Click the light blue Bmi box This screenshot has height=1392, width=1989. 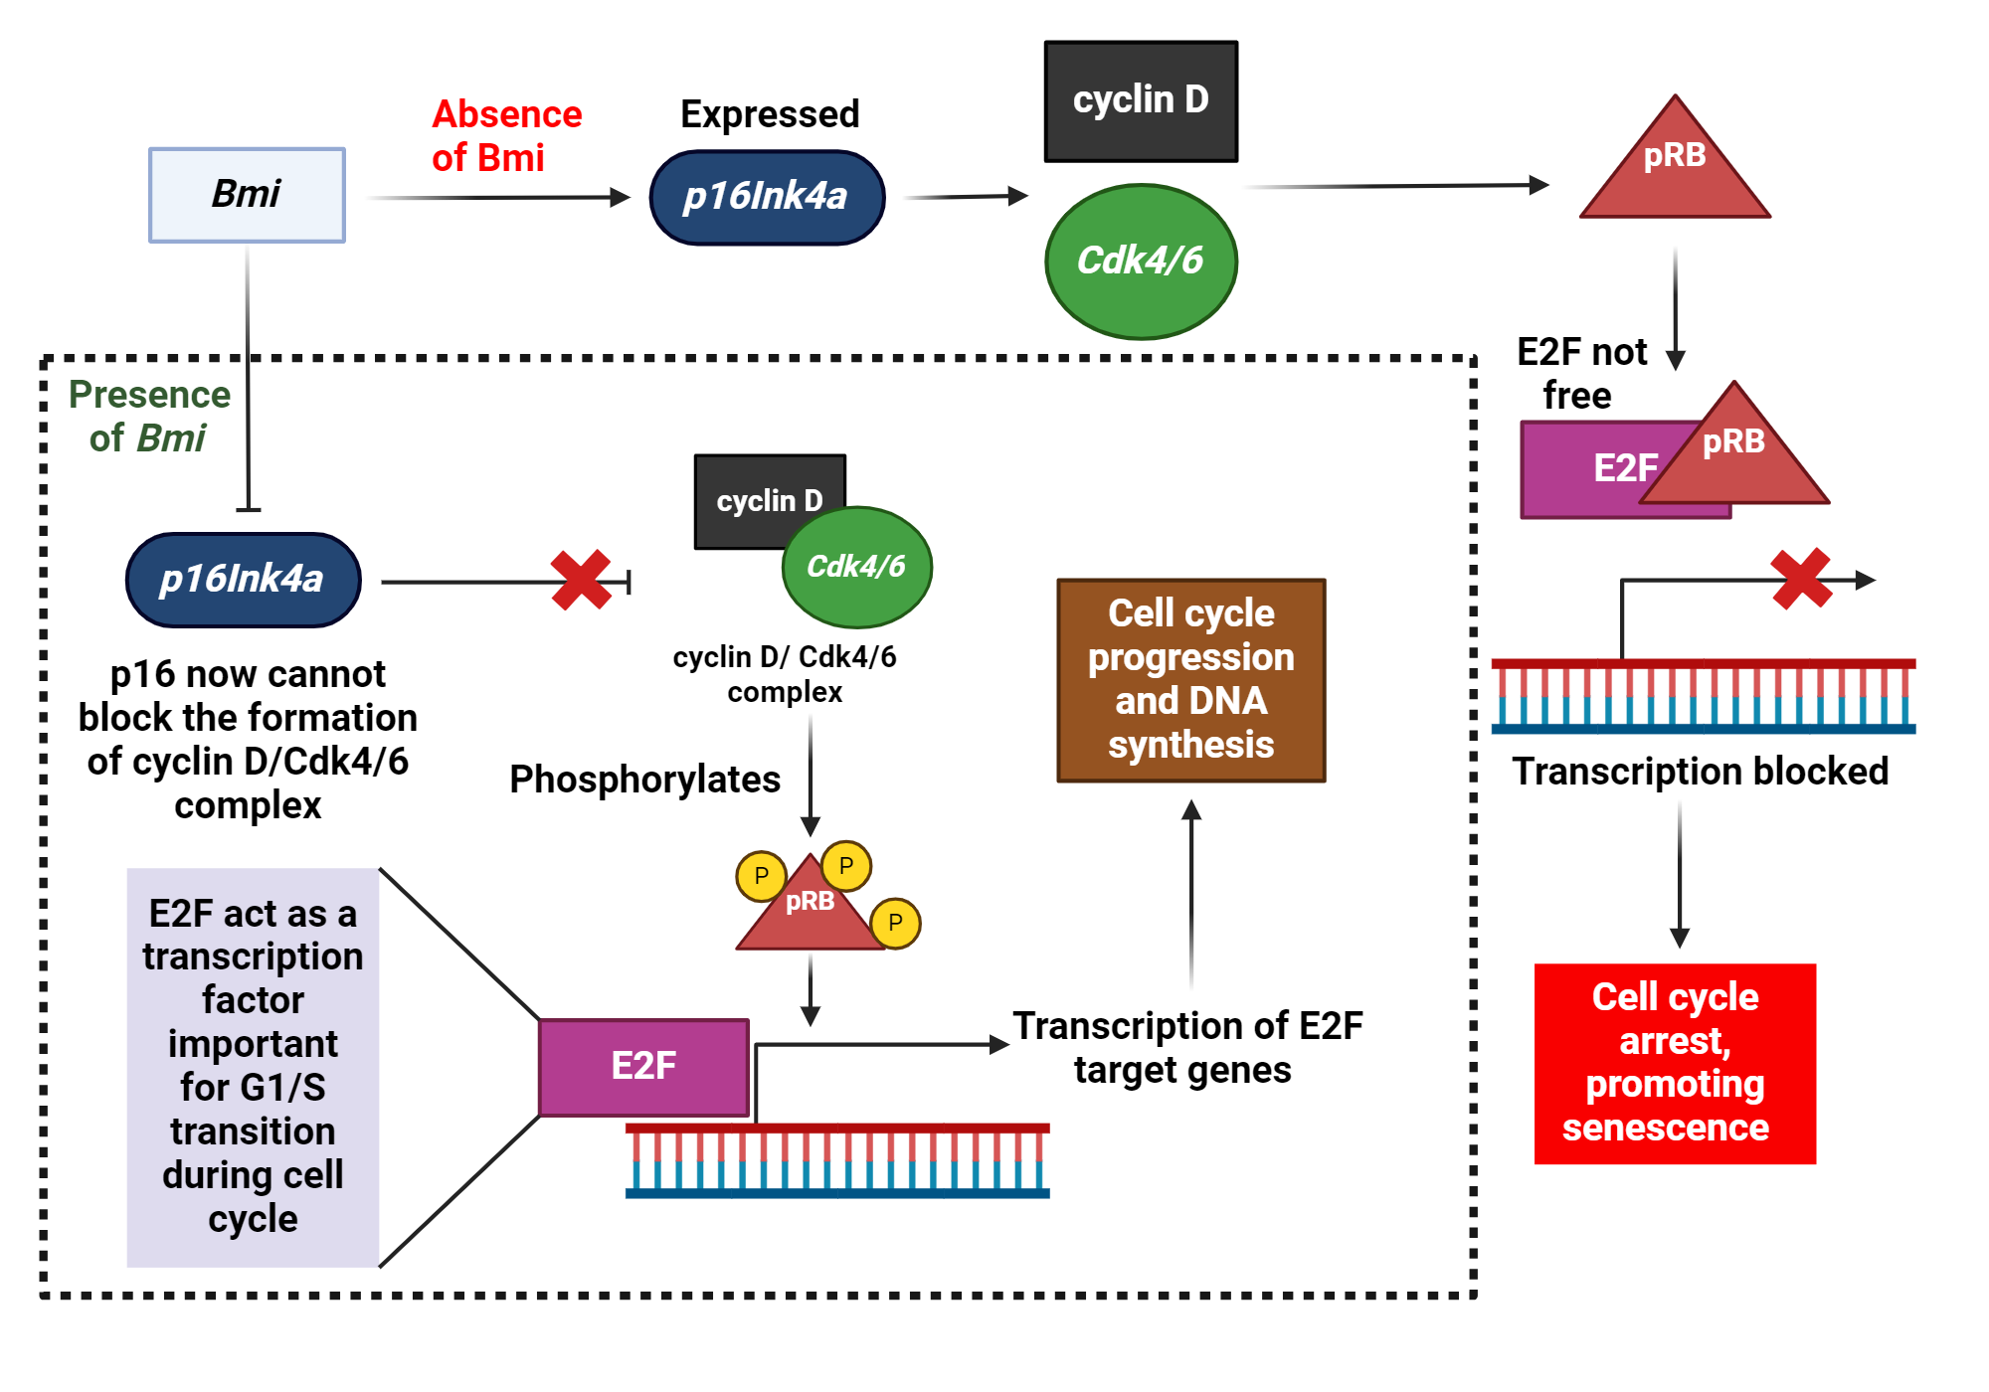click(247, 195)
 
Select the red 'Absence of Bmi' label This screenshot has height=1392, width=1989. click(506, 136)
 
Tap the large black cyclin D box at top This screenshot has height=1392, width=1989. click(1141, 100)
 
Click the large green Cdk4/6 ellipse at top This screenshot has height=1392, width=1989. click(1141, 261)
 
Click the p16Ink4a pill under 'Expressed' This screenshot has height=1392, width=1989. click(766, 197)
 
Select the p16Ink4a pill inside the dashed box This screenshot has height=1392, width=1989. click(243, 580)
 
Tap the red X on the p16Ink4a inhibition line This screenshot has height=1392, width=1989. click(581, 580)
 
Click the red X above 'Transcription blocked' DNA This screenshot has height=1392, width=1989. click(1800, 579)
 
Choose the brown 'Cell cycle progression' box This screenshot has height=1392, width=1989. click(1190, 680)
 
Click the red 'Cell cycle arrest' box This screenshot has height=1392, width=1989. click(1675, 1063)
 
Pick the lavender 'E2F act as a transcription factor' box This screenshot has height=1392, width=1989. click(253, 1067)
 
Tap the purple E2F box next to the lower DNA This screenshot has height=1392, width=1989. click(643, 1067)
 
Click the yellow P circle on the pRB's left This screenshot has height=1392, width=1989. click(761, 876)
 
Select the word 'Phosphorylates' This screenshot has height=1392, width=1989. click(644, 780)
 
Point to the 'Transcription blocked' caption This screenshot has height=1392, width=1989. click(1700, 772)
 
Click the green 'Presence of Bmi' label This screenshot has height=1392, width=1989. click(149, 417)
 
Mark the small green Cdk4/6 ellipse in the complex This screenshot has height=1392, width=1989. click(856, 567)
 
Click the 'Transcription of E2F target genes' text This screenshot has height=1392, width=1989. click(1186, 1048)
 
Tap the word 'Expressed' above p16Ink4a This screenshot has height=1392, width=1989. click(770, 114)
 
